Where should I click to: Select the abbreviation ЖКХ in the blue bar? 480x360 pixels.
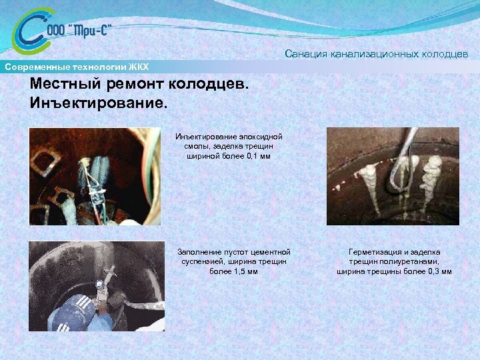click(x=138, y=67)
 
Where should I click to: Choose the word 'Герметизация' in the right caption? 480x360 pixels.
click(x=373, y=252)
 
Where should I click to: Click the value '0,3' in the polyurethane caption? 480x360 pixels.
click(x=426, y=271)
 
